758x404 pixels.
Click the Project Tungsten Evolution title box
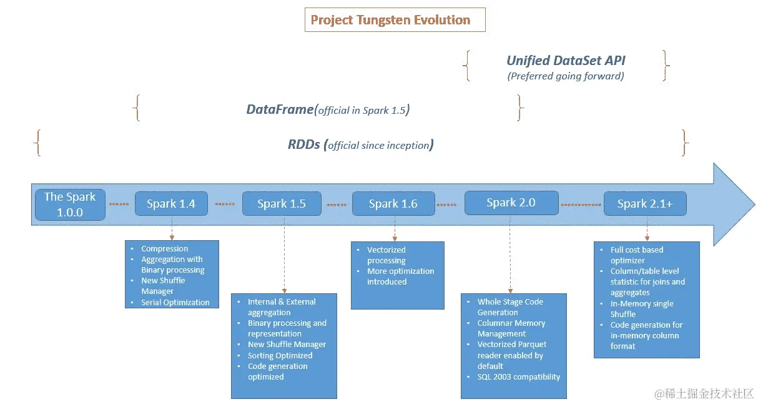coord(390,19)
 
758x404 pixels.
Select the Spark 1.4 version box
coord(171,203)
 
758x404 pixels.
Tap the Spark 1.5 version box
coord(282,203)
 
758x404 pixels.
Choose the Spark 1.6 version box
coord(393,203)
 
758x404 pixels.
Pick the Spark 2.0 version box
coord(511,202)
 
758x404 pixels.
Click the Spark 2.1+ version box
coord(645,203)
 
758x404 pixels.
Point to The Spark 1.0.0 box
coord(70,204)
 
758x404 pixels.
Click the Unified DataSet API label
coord(566,61)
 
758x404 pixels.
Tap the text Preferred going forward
coord(566,76)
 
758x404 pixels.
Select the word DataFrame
coord(279,109)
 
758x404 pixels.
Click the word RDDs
coord(303,144)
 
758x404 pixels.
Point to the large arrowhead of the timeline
coord(734,204)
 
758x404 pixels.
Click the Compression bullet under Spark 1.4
coord(164,248)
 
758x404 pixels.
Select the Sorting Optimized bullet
coord(280,355)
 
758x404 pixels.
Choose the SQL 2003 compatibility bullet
coord(518,376)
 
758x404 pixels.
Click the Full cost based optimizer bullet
coord(636,255)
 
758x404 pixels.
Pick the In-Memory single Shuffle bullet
coord(641,308)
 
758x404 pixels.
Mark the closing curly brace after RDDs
coord(685,143)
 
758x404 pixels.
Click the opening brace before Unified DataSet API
coord(466,66)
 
